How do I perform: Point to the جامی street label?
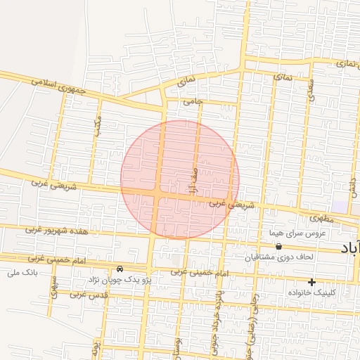pyautogui.click(x=193, y=101)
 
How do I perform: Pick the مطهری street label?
pyautogui.click(x=321, y=218)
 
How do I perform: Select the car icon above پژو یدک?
pyautogui.click(x=120, y=269)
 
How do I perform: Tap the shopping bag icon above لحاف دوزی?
pyautogui.click(x=279, y=247)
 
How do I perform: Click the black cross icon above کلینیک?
pyautogui.click(x=311, y=282)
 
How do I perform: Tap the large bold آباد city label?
pyautogui.click(x=349, y=248)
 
